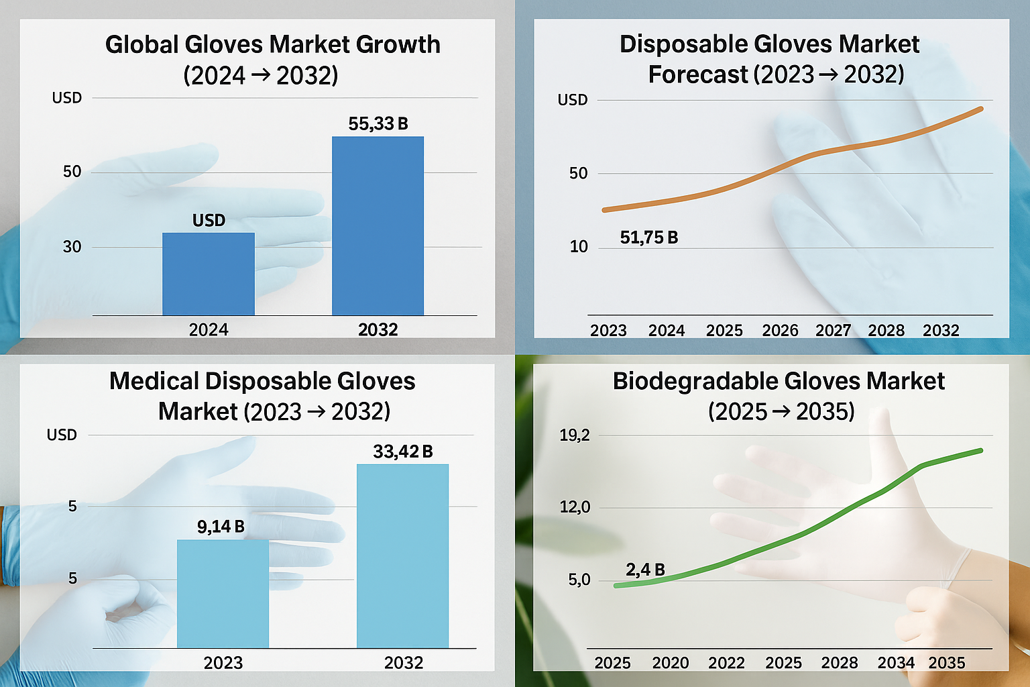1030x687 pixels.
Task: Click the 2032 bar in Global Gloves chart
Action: click(378, 226)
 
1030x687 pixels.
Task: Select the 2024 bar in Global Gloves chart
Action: click(209, 274)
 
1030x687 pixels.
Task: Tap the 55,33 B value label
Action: click(378, 123)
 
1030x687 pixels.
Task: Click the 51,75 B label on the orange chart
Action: click(648, 237)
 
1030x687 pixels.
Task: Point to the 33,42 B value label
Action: click(402, 452)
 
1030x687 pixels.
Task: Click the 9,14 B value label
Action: click(221, 527)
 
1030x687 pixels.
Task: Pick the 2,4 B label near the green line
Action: click(645, 570)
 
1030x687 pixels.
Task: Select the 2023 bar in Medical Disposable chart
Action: click(223, 594)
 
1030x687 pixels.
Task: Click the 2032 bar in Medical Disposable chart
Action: click(402, 556)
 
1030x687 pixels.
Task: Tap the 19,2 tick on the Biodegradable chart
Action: click(575, 435)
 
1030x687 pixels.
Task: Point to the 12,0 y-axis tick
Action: click(575, 507)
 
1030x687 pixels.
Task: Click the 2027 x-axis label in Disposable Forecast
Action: click(833, 330)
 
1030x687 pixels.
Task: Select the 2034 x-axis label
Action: click(896, 663)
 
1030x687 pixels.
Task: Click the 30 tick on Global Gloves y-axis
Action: click(72, 247)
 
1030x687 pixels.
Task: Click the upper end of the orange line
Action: click(981, 109)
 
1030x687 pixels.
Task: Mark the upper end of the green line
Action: click(981, 450)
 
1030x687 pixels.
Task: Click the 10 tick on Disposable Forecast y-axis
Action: click(578, 247)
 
